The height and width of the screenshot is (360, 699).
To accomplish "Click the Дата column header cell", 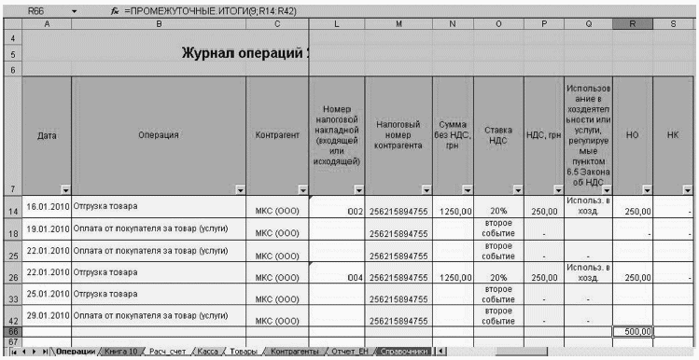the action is click(46, 135).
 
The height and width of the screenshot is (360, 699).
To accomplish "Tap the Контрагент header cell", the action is click(276, 135).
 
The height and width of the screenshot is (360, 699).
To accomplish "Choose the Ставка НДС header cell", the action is click(498, 135).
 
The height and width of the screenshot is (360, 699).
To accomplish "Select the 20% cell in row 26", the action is click(498, 276).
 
